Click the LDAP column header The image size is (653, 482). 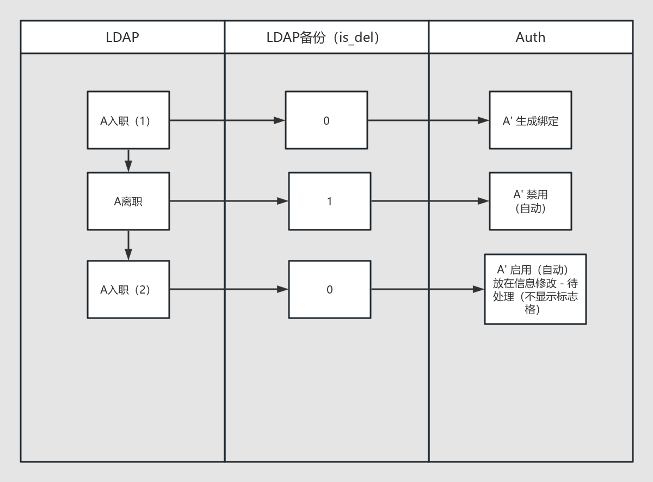coord(122,37)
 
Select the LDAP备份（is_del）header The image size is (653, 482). coord(326,37)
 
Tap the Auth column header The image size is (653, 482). coord(531,37)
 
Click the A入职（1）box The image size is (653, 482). coord(128,120)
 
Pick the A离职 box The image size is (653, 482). coord(128,202)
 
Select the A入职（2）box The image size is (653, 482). coord(128,290)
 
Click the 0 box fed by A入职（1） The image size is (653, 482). coord(326,120)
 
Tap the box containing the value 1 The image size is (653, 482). coord(330,202)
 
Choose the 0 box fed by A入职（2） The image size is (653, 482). coord(330,290)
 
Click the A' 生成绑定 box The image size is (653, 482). coord(531,120)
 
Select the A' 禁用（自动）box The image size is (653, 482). coord(531,202)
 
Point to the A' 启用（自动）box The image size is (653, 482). coord(535,289)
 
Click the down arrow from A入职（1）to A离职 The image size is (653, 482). coord(128,161)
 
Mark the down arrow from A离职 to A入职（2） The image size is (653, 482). coord(128,245)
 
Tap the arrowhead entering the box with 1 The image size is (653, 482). coord(282,201)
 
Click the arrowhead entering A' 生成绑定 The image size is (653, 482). coord(483,120)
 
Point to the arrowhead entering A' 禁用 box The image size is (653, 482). coord(483,201)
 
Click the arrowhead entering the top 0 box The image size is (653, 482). coord(279,120)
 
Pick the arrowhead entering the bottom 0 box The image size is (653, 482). coord(282,289)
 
